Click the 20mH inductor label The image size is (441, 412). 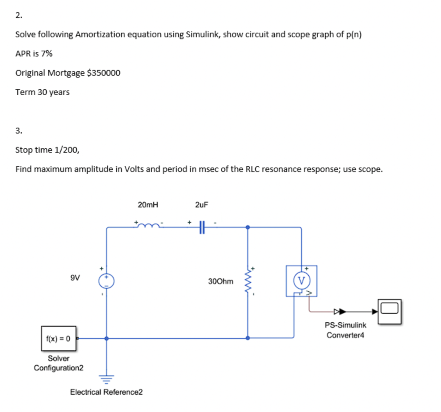point(148,205)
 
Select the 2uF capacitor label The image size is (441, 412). point(201,205)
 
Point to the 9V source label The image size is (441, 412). point(75,278)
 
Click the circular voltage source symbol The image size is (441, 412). point(106,281)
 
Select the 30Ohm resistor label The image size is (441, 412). point(220,281)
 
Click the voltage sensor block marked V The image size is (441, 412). point(301,281)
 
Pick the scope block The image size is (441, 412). point(390,311)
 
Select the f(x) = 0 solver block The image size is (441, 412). point(59,338)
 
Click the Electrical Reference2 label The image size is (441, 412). point(106,392)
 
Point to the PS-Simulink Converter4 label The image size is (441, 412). point(345,330)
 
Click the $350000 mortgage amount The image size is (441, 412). point(104,73)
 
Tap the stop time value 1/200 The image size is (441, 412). point(65,150)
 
